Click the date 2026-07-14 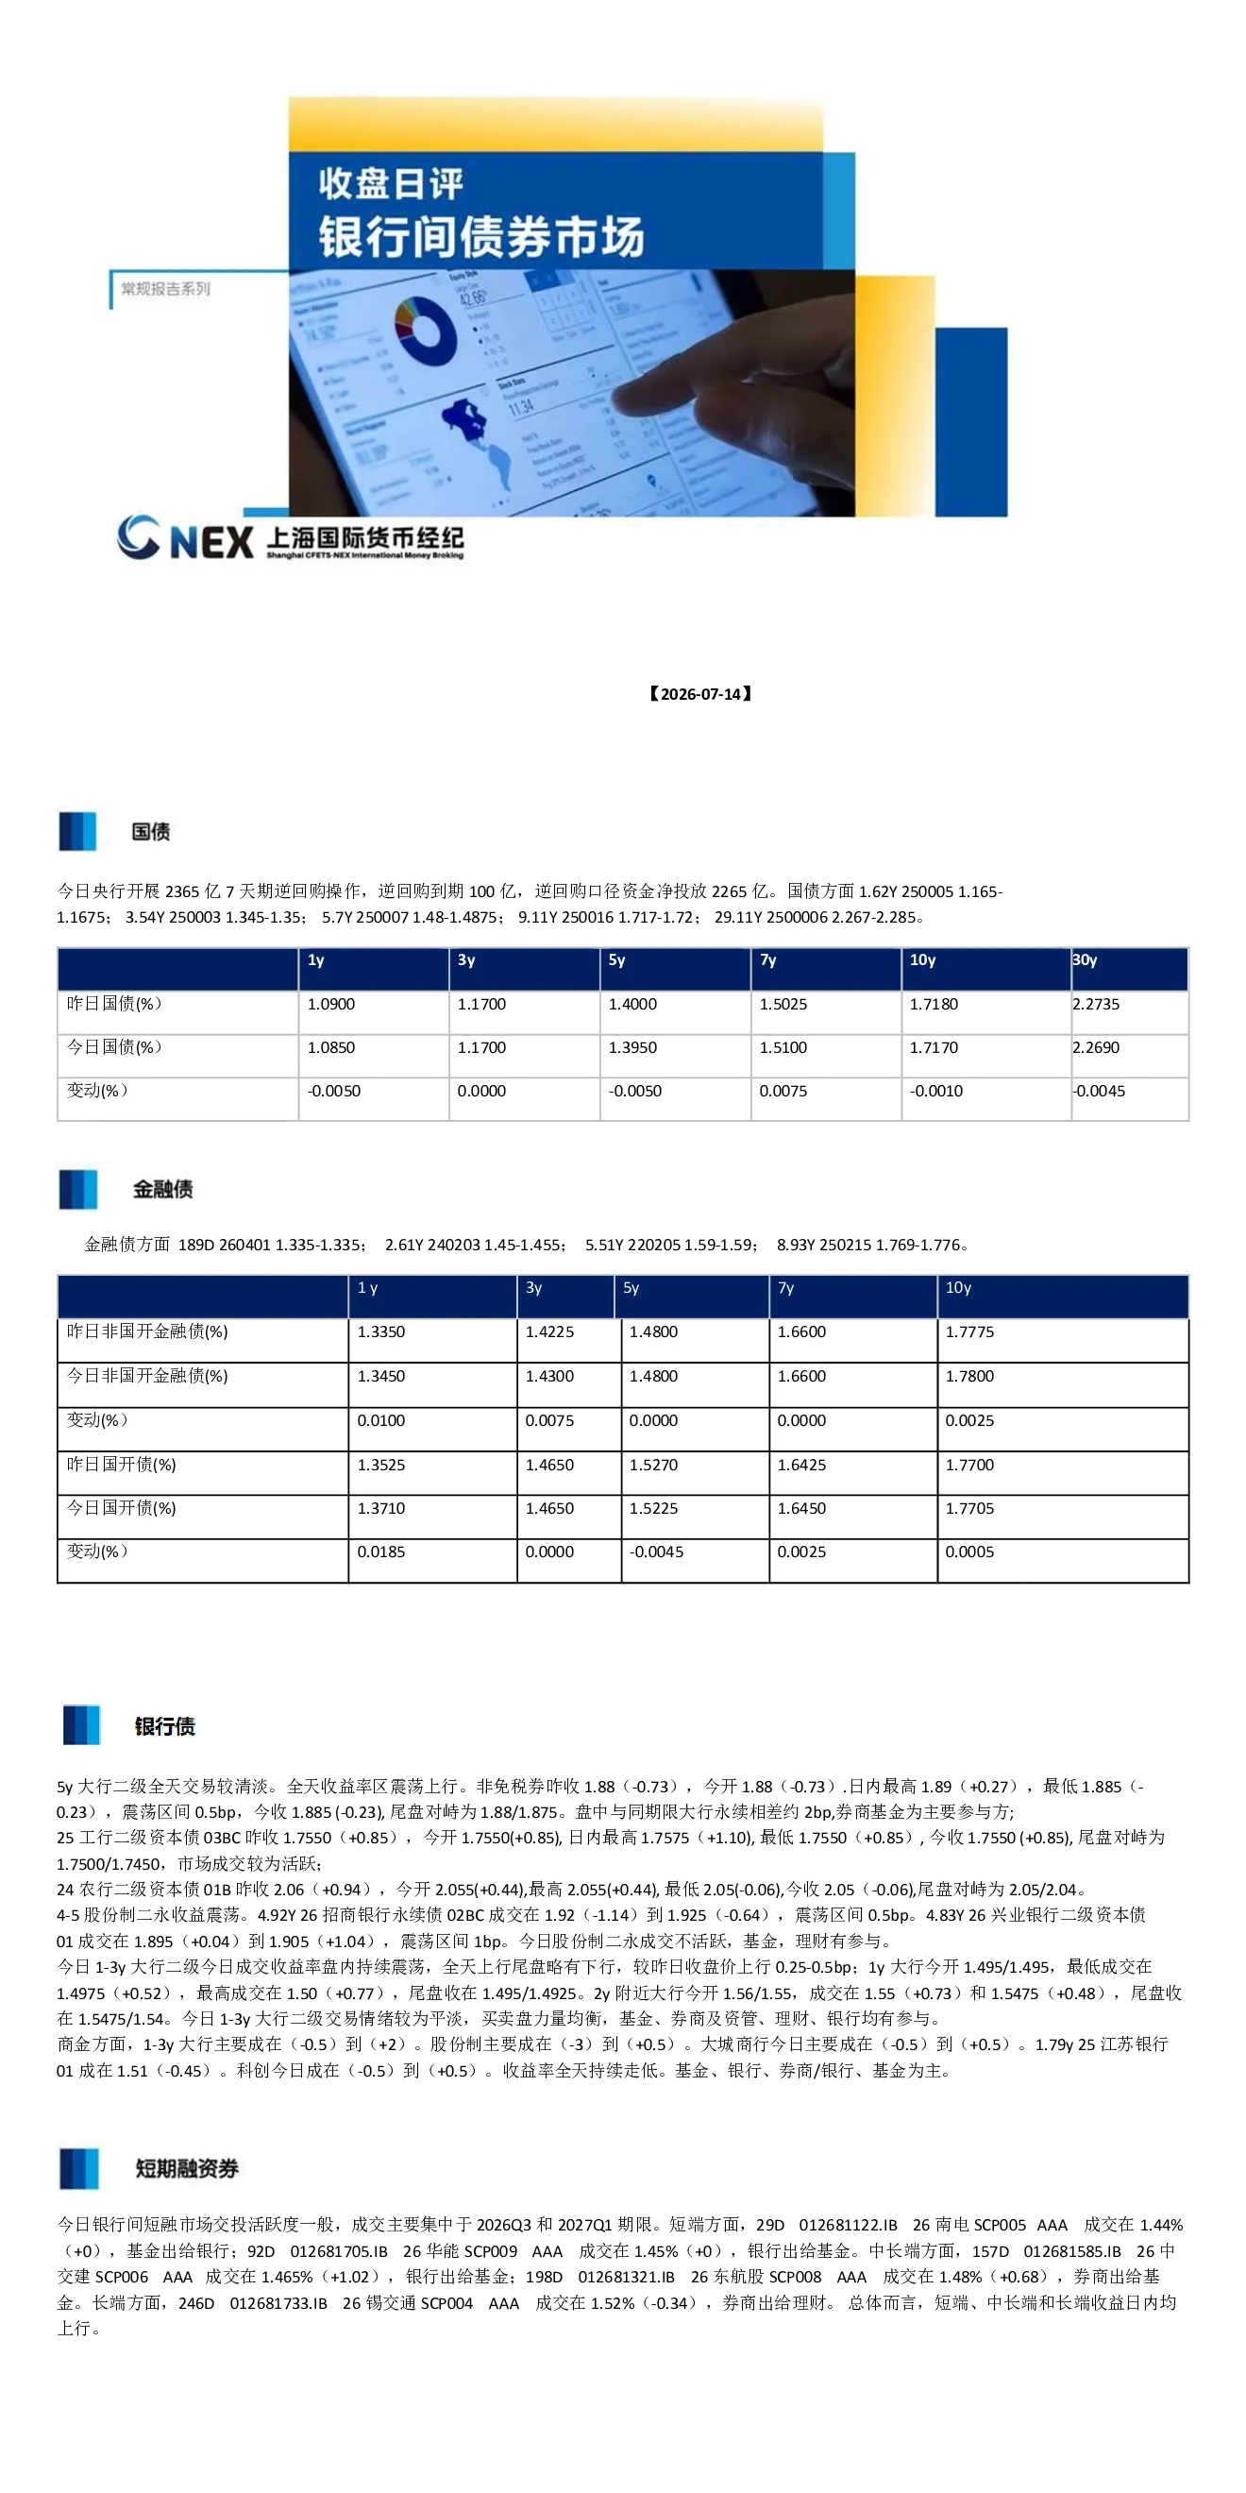tap(700, 694)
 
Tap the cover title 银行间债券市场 tap(481, 237)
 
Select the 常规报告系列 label tap(165, 288)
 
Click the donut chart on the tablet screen tap(426, 331)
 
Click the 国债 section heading tap(151, 831)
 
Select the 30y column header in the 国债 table tap(1085, 960)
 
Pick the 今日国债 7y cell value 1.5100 tap(783, 1047)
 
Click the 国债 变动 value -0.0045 tap(1099, 1091)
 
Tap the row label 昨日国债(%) tap(114, 1004)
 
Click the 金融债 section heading tap(162, 1190)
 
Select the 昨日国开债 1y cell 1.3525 tap(381, 1466)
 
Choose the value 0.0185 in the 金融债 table tap(381, 1552)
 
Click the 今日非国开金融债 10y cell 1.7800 tap(969, 1376)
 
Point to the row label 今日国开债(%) tap(121, 1508)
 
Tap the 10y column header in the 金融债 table tap(958, 1288)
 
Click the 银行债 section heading tap(164, 1726)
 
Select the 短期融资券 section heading tap(187, 2169)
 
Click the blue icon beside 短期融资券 tap(78, 2169)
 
